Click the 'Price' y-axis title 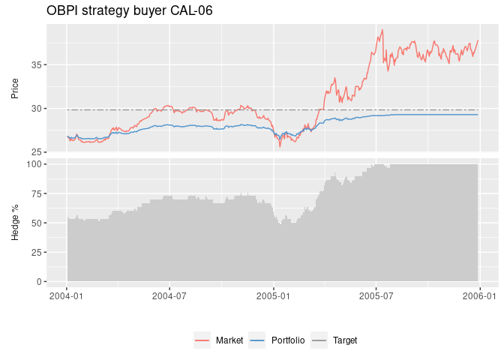(15, 88)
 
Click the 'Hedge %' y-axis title (15, 222)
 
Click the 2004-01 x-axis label (67, 296)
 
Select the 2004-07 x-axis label (170, 296)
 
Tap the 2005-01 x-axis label (274, 296)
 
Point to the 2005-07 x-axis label (376, 296)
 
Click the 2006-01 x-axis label (480, 296)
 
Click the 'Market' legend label (229, 340)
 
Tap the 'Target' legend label (345, 340)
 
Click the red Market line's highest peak (382, 30)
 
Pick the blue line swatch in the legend (257, 340)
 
